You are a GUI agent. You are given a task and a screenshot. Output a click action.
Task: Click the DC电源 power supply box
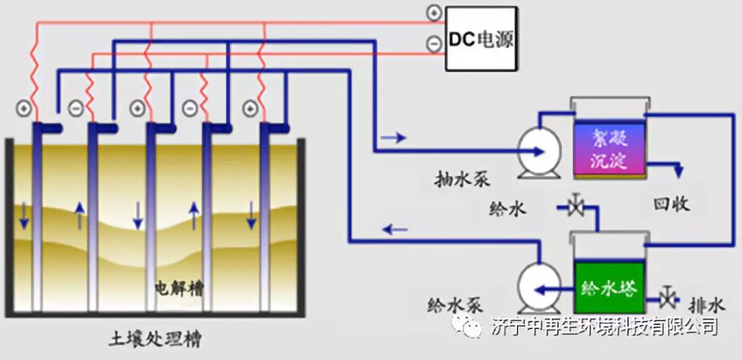pos(480,38)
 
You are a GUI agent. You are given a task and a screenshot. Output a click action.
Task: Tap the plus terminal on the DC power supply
pos(434,12)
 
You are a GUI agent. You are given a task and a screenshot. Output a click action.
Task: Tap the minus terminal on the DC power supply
pos(434,44)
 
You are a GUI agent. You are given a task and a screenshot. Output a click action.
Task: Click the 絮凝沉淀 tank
pos(609,147)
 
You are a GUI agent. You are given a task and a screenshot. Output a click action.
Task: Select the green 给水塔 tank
pos(609,283)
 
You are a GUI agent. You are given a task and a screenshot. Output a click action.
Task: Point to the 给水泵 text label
pos(456,304)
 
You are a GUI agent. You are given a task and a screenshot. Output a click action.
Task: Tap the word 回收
pos(671,204)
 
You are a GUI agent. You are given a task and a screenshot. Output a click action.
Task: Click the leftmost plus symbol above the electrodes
pos(23,109)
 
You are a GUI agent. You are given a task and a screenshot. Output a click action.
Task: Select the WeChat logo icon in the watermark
pos(472,326)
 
